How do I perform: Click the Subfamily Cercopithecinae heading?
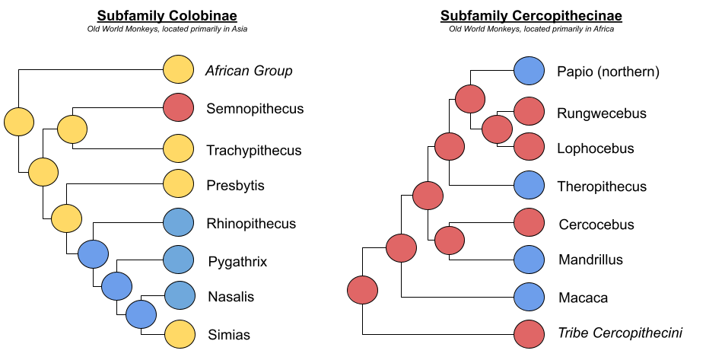pos(531,15)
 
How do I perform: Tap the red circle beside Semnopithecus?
pos(179,108)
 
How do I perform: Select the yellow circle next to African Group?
pos(179,70)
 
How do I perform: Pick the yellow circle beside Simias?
pos(179,333)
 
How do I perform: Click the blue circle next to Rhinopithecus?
pos(179,223)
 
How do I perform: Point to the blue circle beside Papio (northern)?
pos(529,72)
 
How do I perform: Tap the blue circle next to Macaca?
pos(529,298)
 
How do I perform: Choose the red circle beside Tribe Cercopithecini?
pos(529,333)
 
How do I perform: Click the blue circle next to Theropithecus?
pos(529,186)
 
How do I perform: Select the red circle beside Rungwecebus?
pos(529,113)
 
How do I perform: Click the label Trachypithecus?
pos(253,151)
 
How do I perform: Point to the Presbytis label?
pos(235,185)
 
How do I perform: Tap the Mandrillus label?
pos(590,260)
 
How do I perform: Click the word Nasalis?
pos(231,297)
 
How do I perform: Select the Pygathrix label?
pos(237,263)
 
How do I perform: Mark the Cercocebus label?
pos(596,225)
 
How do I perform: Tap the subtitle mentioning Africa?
pos(531,30)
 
